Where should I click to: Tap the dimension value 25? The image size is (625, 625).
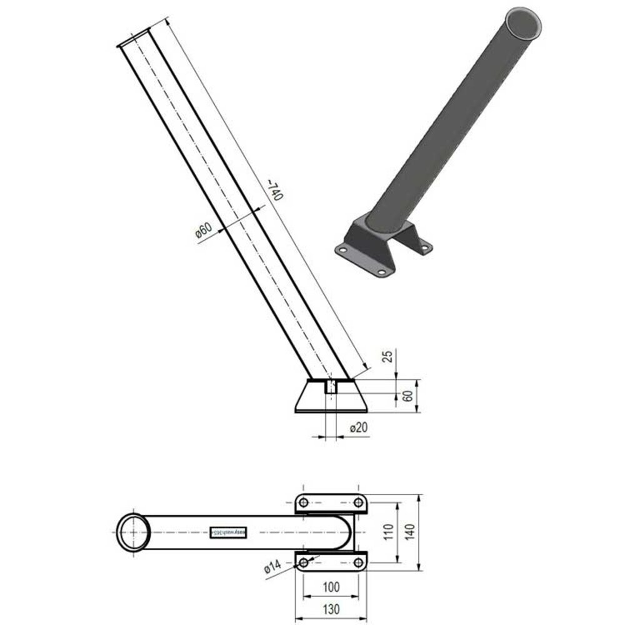tap(387, 356)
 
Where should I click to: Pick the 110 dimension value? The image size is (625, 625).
tap(387, 532)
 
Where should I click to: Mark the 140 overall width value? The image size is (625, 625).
tap(411, 532)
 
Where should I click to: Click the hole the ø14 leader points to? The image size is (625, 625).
tap(303, 562)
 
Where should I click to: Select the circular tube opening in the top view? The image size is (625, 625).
tap(133, 532)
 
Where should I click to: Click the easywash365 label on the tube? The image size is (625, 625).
tap(229, 532)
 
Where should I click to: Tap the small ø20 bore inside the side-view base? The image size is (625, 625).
tap(331, 386)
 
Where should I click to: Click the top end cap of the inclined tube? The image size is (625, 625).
tap(133, 37)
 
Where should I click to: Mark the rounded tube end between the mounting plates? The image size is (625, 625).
tap(347, 532)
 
